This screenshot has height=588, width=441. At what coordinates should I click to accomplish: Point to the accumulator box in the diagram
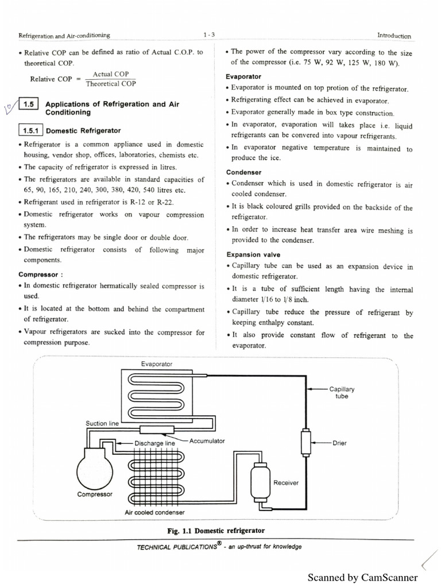pos(154,430)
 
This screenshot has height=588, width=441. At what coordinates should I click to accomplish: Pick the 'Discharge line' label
pos(154,443)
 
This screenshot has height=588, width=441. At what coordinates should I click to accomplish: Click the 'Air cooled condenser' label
pos(155,512)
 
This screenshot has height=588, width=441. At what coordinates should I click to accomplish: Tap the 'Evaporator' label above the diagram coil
pos(157,364)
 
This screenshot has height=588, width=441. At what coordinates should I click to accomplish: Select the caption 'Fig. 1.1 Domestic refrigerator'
pos(216,531)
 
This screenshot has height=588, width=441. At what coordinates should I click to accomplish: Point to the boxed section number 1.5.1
pos(31,131)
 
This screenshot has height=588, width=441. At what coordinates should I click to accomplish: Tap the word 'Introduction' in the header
pos(394,36)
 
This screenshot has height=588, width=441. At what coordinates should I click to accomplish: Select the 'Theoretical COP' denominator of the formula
pos(111,84)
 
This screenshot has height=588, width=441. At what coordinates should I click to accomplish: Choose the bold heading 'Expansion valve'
pos(253,254)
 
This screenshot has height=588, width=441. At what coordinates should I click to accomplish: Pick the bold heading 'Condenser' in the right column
pos(244,172)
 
